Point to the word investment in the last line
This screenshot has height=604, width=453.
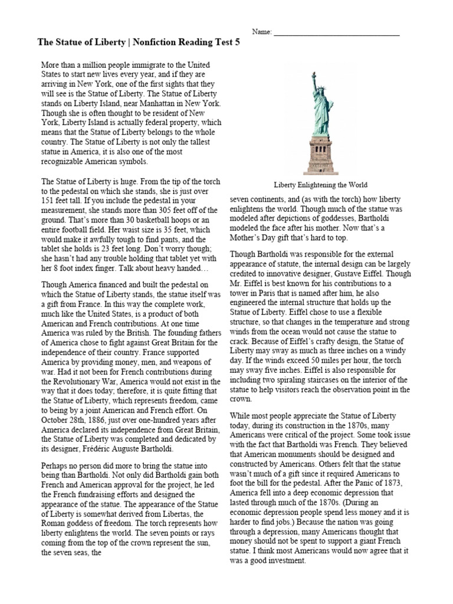tap(284, 561)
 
